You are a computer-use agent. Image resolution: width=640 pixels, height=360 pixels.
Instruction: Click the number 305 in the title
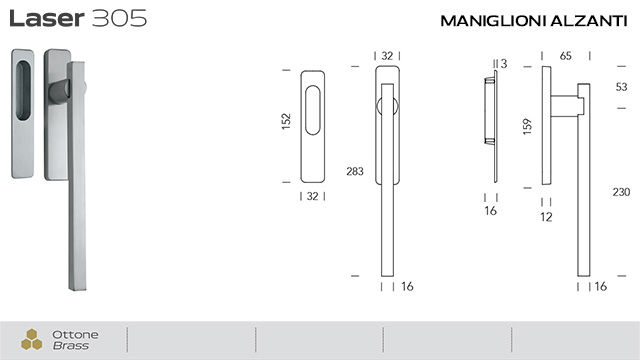119,18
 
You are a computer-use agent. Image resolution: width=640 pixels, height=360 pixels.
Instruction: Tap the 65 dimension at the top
567,55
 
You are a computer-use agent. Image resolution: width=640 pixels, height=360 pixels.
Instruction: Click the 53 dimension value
620,86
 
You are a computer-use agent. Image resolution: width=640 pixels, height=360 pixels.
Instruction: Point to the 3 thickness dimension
503,63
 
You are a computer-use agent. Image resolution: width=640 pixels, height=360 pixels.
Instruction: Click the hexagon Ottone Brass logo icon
32,339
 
